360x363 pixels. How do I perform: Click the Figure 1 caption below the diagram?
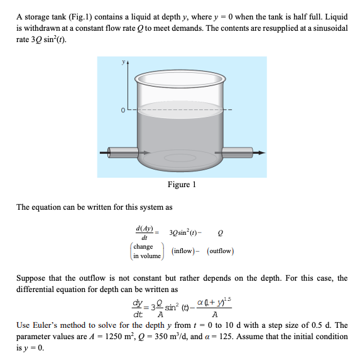click(x=182, y=185)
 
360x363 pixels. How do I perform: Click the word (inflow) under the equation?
click(x=175, y=251)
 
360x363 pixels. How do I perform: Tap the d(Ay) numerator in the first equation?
click(x=145, y=229)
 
